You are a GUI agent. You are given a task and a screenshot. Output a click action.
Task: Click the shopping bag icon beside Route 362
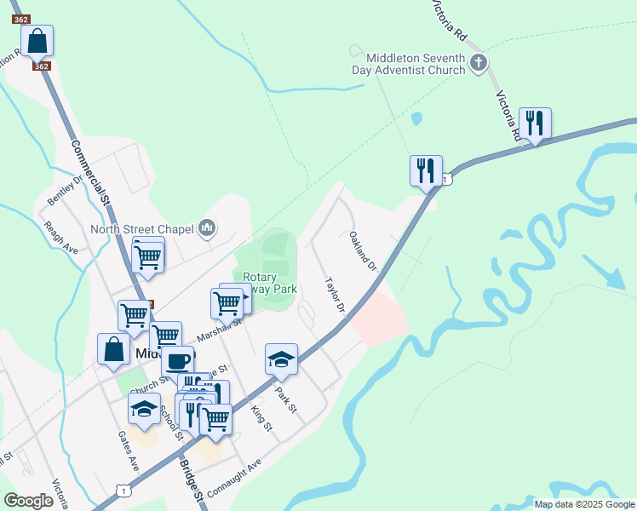coord(37,40)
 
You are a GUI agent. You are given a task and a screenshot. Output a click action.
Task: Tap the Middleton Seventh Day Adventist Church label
coord(416,64)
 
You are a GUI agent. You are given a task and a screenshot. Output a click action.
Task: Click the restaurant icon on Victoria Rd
coord(535,123)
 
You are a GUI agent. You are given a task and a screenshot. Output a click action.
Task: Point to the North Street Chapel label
coord(142,229)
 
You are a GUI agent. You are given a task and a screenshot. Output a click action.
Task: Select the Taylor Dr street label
coord(335,295)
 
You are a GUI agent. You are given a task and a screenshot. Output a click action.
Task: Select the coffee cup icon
coord(177,360)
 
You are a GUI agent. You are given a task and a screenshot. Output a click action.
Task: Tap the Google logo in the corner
coord(29,500)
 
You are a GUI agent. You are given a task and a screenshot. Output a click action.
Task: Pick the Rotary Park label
coord(270,283)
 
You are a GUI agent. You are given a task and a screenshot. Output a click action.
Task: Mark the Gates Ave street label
coord(129,451)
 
